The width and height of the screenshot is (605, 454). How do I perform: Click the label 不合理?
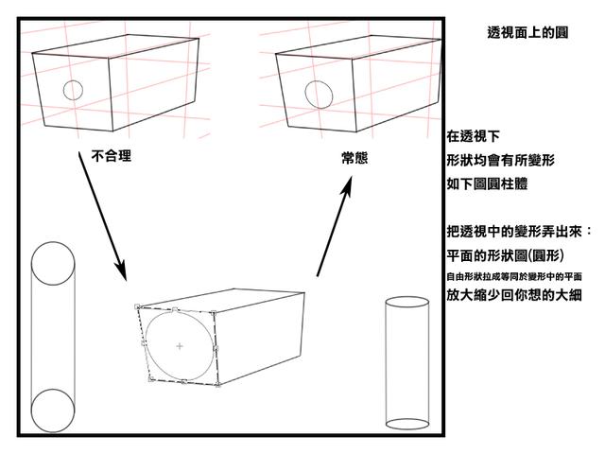(111, 156)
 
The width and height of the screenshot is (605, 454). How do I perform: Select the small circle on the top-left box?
(72, 91)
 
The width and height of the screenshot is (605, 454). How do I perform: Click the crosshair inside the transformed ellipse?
(180, 347)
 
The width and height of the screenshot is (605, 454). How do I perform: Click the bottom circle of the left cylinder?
(52, 410)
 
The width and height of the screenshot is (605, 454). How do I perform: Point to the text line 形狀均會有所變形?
(500, 161)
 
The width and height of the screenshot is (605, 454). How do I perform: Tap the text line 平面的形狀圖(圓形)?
(506, 255)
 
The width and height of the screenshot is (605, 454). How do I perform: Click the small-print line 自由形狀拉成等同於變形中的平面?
(514, 276)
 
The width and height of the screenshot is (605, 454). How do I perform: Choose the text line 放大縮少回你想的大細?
(514, 295)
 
